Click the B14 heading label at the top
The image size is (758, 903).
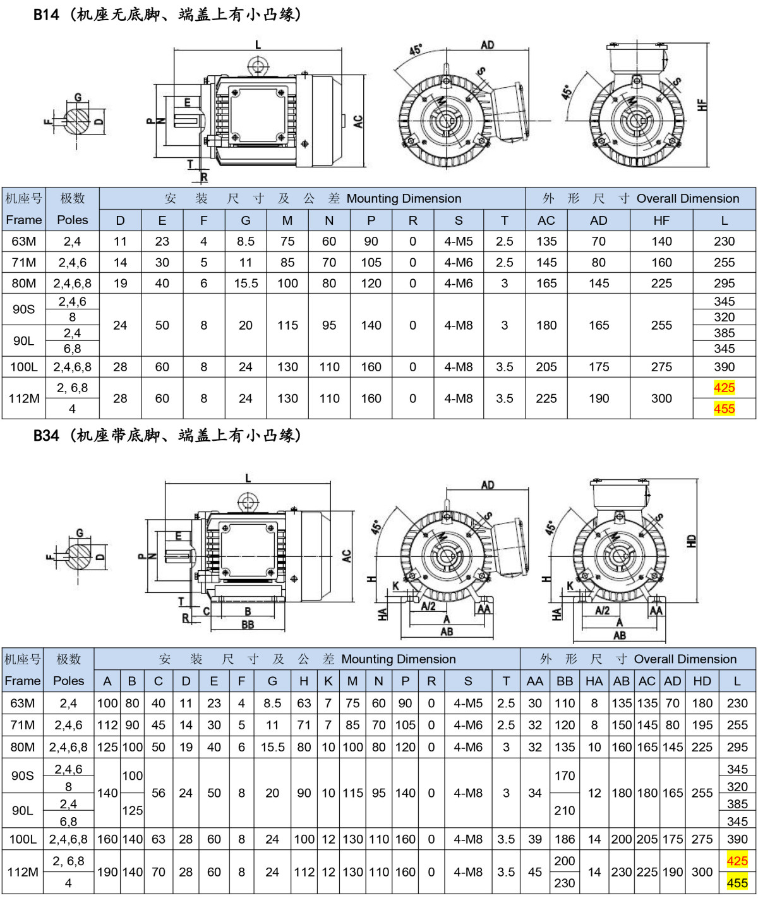point(46,15)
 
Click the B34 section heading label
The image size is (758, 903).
point(46,435)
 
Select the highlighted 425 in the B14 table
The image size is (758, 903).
point(725,388)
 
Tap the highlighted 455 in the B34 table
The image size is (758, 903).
point(737,883)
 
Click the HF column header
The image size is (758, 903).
point(661,220)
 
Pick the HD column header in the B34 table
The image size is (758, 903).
point(702,681)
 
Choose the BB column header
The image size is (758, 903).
point(565,681)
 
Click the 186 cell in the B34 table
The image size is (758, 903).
point(565,839)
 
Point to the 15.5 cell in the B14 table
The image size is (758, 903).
point(246,284)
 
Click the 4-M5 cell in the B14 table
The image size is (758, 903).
point(459,241)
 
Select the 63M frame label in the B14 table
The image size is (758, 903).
point(24,241)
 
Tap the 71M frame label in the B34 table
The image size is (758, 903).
point(23,725)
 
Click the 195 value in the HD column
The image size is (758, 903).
point(702,725)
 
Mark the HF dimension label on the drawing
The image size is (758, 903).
point(702,105)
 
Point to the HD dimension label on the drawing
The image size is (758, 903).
point(692,541)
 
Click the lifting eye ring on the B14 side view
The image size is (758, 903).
point(258,66)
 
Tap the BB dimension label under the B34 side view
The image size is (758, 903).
point(248,625)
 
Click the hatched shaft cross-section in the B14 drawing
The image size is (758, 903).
point(77,121)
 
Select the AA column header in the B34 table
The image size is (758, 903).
point(535,681)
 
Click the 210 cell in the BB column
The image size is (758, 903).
point(565,810)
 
